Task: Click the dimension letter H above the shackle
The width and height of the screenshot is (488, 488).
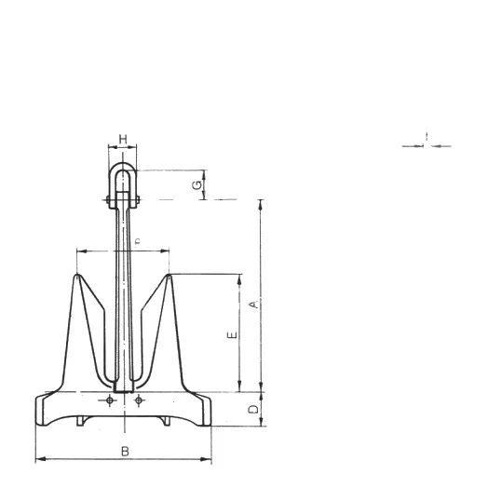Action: click(x=123, y=139)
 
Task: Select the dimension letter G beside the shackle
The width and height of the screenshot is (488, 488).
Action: click(x=197, y=185)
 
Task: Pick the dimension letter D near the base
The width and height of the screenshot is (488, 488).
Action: click(x=251, y=410)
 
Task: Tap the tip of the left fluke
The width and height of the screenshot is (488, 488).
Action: click(x=76, y=277)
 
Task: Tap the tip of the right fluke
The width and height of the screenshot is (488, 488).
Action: click(x=169, y=277)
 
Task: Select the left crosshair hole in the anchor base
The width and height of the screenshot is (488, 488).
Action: click(x=110, y=400)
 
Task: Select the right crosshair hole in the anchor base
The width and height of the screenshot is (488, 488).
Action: click(x=139, y=400)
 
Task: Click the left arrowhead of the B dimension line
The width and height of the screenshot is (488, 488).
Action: click(x=38, y=459)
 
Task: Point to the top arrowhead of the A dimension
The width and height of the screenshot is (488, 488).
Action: click(x=261, y=202)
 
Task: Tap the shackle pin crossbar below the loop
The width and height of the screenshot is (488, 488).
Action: click(x=123, y=199)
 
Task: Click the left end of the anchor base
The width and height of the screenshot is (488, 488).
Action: click(x=37, y=409)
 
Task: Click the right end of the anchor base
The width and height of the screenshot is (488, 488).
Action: click(x=210, y=409)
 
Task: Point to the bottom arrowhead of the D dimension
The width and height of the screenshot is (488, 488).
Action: click(x=261, y=424)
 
